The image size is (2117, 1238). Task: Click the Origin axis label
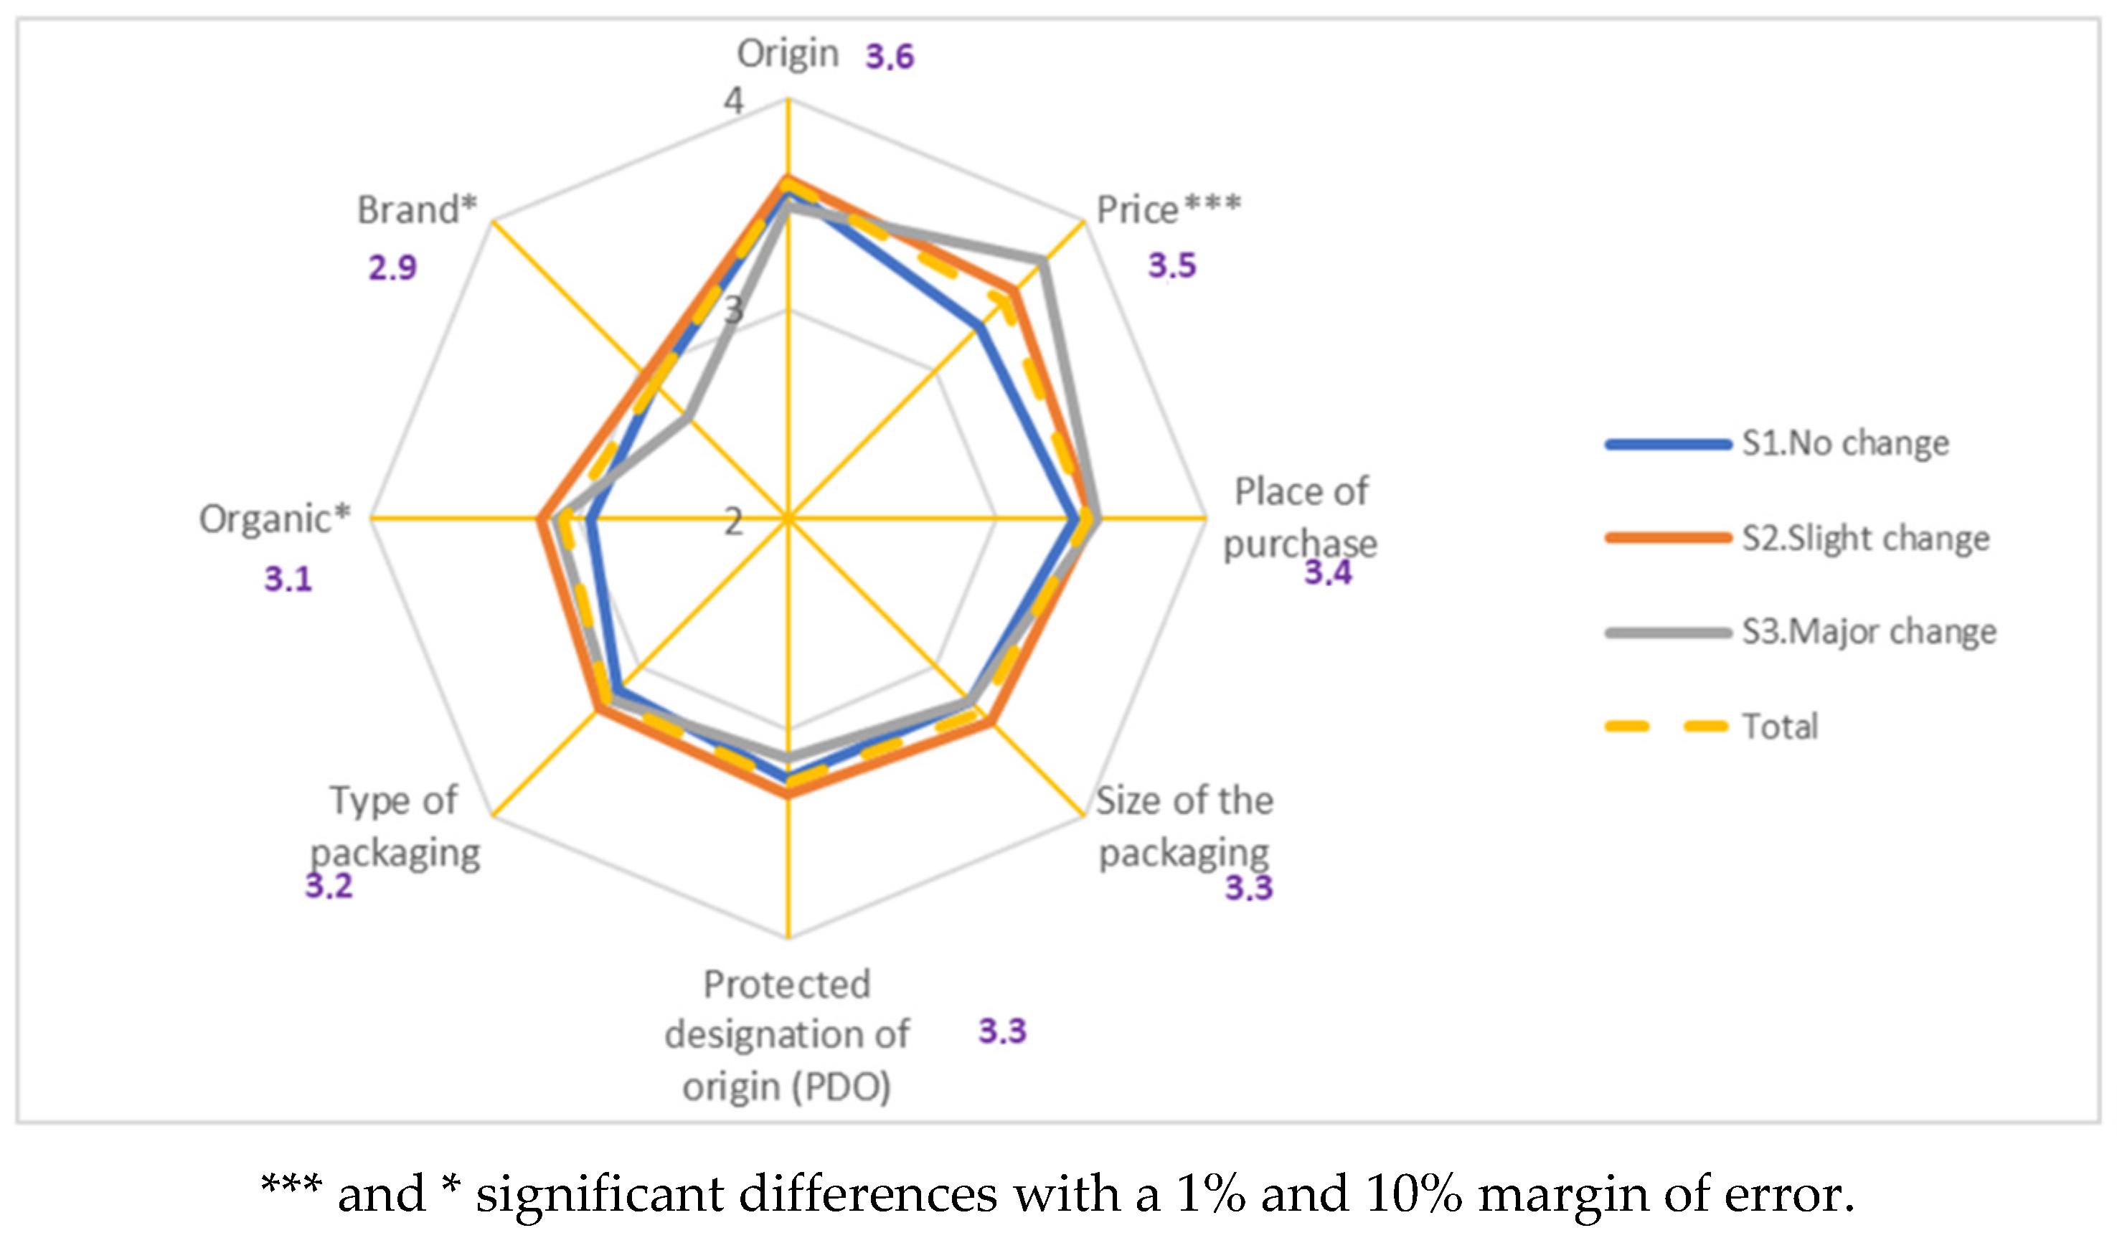[x=787, y=55]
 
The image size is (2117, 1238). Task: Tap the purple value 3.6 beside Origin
[x=890, y=57]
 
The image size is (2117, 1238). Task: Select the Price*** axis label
[x=1168, y=209]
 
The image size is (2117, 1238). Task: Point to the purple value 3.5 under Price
[x=1172, y=265]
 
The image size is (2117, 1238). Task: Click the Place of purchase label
[x=1300, y=517]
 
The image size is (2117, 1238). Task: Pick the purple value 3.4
[x=1327, y=573]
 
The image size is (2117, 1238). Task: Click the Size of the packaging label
[x=1184, y=826]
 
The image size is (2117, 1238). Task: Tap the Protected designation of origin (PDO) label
[x=786, y=1035]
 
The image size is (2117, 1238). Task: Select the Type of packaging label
[x=395, y=826]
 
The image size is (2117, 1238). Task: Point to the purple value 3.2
[x=329, y=886]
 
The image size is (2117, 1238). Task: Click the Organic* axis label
[x=274, y=519]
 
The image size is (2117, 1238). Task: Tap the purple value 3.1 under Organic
[x=288, y=580]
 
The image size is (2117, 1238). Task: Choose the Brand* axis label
[x=417, y=209]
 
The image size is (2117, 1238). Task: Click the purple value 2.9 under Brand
[x=392, y=268]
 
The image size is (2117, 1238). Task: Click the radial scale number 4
[x=733, y=102]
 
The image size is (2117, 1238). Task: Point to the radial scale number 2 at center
[x=733, y=522]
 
